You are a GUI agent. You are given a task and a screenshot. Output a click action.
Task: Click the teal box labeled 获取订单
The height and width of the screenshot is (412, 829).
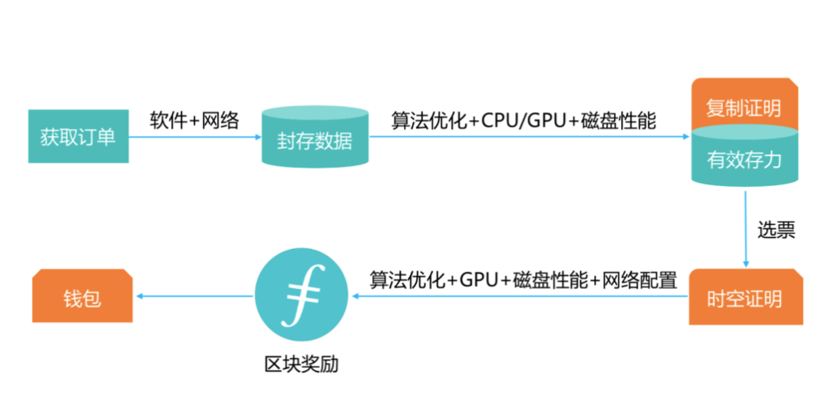click(x=78, y=137)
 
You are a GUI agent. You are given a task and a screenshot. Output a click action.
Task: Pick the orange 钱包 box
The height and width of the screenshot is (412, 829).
click(x=81, y=297)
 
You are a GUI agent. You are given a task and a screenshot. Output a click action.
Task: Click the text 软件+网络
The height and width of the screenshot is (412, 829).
click(x=194, y=121)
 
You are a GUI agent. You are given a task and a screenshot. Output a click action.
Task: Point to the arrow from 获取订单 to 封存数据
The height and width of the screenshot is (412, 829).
click(x=195, y=138)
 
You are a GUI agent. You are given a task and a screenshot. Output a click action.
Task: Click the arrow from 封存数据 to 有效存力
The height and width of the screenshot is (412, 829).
click(x=530, y=138)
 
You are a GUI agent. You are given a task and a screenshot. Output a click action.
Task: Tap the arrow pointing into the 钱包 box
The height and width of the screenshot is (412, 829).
click(x=192, y=297)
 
